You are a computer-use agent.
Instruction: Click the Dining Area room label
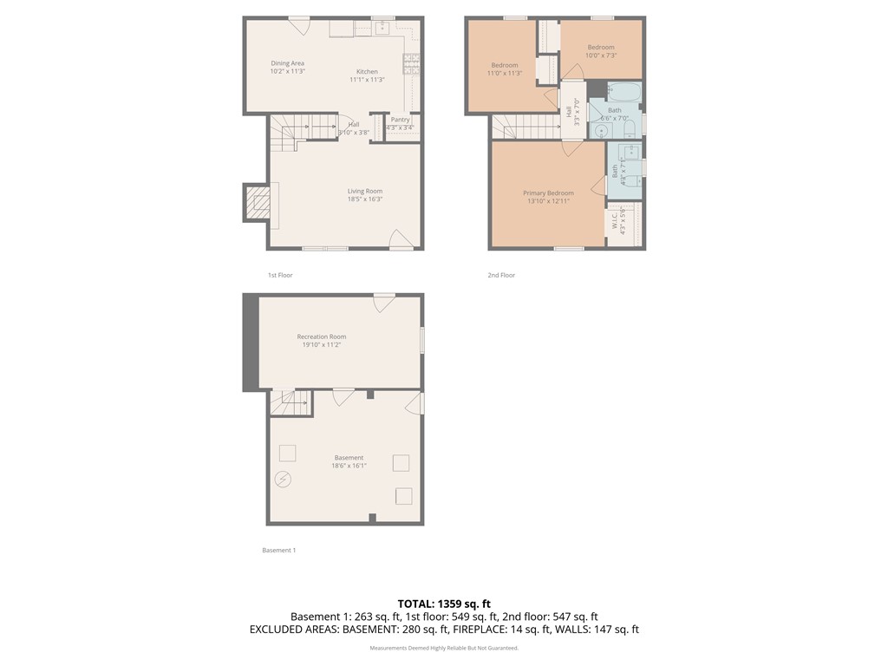[x=287, y=63]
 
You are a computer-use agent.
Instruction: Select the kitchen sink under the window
[x=382, y=26]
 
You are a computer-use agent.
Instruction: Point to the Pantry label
[x=400, y=120]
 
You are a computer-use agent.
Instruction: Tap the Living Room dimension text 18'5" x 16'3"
[x=365, y=199]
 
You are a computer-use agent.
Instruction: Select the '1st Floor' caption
[x=280, y=275]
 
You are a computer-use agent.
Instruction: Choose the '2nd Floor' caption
[x=501, y=275]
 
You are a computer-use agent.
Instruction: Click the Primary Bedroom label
[x=548, y=193]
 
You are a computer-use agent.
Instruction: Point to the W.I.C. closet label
[x=614, y=223]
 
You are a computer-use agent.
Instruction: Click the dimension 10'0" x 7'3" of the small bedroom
[x=600, y=55]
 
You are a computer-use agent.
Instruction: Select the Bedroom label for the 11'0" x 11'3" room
[x=505, y=65]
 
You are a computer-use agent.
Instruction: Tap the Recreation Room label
[x=322, y=336]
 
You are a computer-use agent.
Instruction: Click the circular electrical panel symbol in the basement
[x=284, y=479]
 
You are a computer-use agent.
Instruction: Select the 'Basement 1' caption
[x=279, y=550]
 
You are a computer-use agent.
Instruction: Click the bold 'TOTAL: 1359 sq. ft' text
[x=444, y=604]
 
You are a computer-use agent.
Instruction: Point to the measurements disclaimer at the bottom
[x=444, y=648]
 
